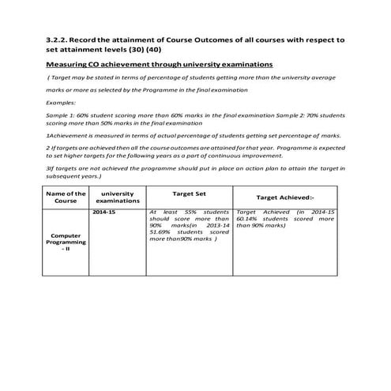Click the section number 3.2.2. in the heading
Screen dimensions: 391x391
point(61,38)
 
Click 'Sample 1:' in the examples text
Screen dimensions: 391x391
point(61,115)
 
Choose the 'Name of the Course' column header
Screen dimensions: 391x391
point(66,197)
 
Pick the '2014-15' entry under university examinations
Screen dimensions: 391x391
point(105,212)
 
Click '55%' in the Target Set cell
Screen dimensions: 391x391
point(191,212)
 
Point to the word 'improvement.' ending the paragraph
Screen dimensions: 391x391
point(263,157)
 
